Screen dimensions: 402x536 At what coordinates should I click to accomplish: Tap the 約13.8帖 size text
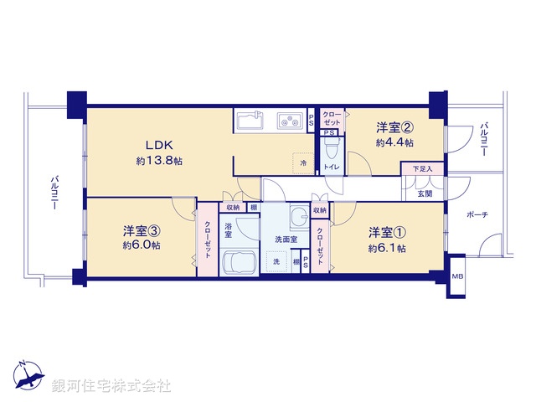click(x=159, y=161)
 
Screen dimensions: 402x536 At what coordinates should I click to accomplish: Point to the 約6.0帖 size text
click(x=142, y=245)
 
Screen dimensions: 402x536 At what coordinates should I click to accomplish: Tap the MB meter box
click(x=457, y=276)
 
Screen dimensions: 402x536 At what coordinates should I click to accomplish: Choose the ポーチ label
click(x=479, y=215)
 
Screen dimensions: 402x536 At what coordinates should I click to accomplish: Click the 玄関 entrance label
click(x=425, y=194)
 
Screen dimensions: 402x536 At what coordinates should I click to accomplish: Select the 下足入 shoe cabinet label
click(x=422, y=170)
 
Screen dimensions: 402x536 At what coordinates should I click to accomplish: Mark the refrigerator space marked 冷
click(x=303, y=162)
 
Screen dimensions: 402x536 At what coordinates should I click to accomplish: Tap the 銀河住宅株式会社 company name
click(x=111, y=386)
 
